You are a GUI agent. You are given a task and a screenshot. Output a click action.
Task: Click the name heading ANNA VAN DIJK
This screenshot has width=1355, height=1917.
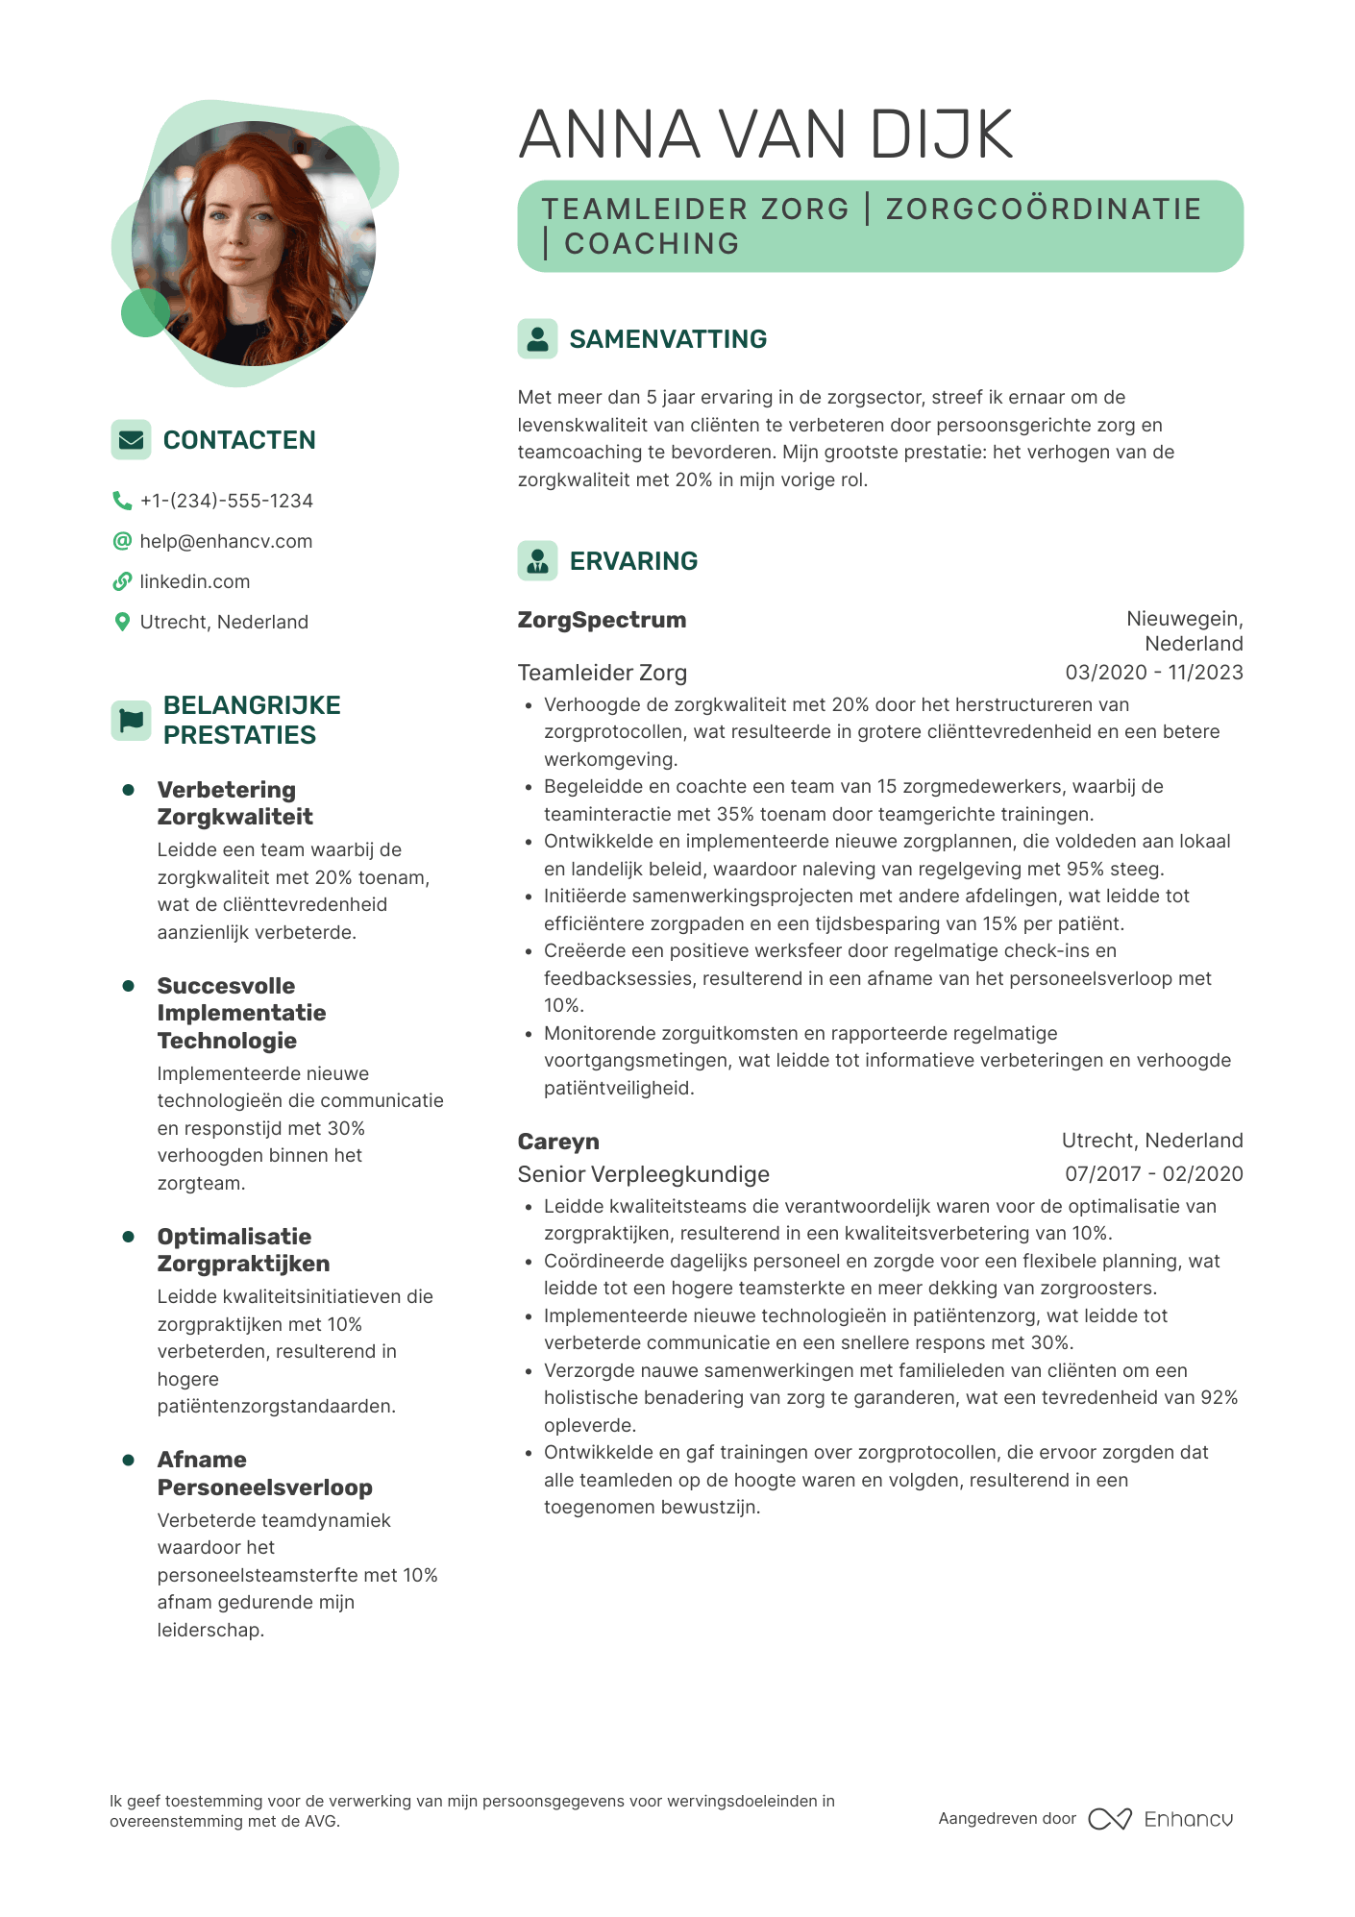click(x=766, y=135)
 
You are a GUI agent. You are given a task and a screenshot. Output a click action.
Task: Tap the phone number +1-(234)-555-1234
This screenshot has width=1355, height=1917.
click(x=227, y=501)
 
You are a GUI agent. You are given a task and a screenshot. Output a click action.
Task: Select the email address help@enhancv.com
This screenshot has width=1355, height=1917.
click(x=226, y=541)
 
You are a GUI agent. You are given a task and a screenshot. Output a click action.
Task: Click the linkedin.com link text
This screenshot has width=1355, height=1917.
click(x=194, y=581)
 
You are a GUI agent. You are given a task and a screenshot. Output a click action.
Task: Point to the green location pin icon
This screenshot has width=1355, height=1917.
click(x=122, y=622)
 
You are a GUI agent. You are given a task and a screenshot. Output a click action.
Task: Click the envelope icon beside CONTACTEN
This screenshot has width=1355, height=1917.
click(x=131, y=439)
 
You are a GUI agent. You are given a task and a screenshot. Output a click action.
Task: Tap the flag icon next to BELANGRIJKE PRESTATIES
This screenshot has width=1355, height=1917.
click(x=131, y=720)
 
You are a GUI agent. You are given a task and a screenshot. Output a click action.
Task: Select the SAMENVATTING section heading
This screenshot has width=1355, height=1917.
click(x=668, y=339)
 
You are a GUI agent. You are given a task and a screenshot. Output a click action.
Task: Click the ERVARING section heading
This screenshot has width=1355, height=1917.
click(x=633, y=561)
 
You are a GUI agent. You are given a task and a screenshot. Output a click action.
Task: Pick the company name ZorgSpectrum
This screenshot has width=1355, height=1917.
click(x=602, y=620)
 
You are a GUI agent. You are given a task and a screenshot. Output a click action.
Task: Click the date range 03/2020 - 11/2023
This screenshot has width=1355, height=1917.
click(x=1153, y=673)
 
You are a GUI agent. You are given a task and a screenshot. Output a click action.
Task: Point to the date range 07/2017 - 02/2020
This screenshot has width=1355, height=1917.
click(x=1153, y=1173)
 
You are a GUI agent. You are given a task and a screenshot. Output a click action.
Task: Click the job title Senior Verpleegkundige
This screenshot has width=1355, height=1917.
click(x=643, y=1174)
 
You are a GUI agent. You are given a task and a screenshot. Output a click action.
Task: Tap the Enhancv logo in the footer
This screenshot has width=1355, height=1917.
click(x=1161, y=1819)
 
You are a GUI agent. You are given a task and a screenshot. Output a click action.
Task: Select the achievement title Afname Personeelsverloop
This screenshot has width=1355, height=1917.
click(x=264, y=1473)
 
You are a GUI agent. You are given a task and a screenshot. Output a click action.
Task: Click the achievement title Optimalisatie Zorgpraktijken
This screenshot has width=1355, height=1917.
click(x=243, y=1250)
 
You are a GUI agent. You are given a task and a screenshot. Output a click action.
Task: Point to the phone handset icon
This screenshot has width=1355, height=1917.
click(x=122, y=501)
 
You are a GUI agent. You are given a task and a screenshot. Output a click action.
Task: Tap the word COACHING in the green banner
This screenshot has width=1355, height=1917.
click(x=652, y=244)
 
